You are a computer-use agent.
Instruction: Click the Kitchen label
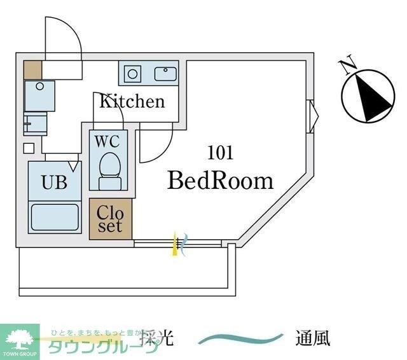click(x=131, y=101)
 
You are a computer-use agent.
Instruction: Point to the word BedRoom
click(x=220, y=181)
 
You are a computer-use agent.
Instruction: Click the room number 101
click(x=220, y=153)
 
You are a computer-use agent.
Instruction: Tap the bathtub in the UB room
click(x=54, y=217)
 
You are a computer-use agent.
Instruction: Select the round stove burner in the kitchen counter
click(x=132, y=74)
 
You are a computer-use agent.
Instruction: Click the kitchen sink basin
click(x=165, y=74)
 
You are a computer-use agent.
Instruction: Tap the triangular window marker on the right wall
click(x=313, y=115)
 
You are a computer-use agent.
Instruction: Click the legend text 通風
click(x=312, y=338)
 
